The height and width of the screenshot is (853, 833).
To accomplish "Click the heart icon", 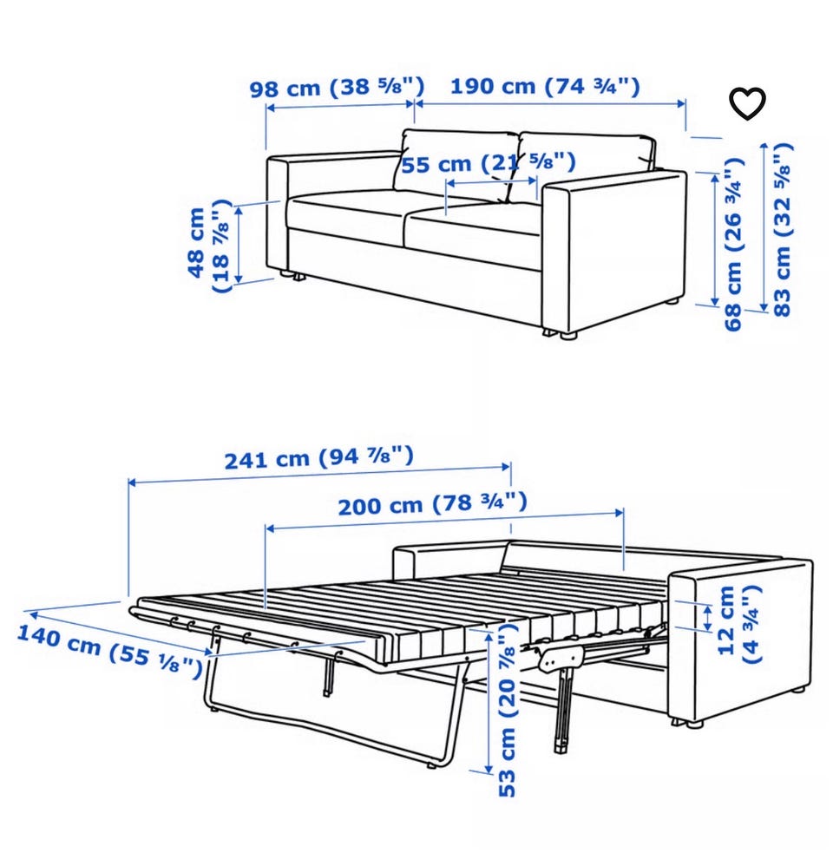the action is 747,102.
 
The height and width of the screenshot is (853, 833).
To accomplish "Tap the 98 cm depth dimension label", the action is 337,87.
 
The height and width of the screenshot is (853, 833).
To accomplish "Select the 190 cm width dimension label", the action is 545,86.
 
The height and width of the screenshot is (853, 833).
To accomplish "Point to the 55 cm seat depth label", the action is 488,162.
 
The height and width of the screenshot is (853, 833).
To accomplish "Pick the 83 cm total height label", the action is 782,229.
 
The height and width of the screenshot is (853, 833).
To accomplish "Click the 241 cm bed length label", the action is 319,457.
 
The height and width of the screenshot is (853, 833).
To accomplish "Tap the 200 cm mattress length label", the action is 432,504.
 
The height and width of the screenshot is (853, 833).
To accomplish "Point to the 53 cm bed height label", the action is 507,712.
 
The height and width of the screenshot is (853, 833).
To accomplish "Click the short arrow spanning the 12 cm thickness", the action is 707,619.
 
